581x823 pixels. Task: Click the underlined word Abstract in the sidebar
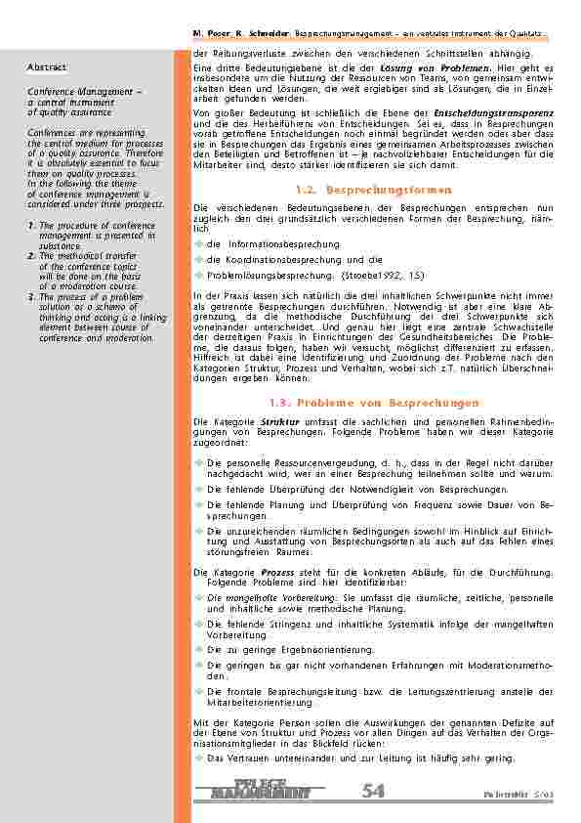click(47, 67)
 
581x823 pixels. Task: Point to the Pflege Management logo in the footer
click(262, 790)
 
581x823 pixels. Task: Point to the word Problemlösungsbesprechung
click(263, 277)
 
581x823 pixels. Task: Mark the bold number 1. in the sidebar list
click(32, 226)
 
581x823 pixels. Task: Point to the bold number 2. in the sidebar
click(32, 255)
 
